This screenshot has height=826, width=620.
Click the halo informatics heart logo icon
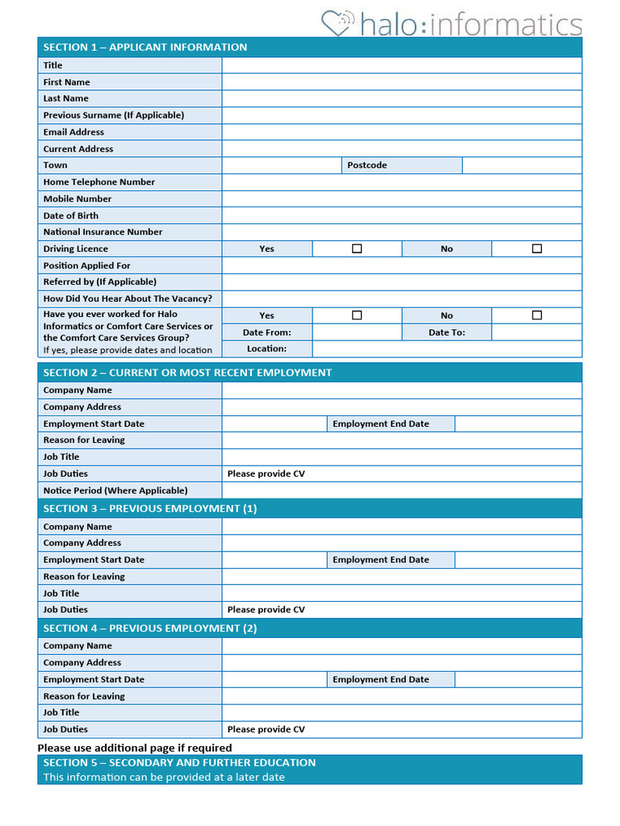pos(337,23)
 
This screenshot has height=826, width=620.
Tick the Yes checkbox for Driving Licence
pos(357,248)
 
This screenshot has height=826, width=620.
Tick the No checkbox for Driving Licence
pos(537,248)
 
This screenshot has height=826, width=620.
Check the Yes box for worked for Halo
pos(357,315)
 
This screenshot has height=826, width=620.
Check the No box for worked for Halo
pos(537,315)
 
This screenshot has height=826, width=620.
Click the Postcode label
pos(367,165)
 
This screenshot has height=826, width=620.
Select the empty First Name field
pos(401,82)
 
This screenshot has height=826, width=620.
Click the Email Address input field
pos(401,132)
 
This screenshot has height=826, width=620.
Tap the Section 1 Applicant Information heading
pos(145,47)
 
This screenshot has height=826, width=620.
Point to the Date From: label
pos(266,332)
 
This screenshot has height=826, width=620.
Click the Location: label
pos(266,348)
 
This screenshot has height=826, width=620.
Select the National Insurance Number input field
pos(401,232)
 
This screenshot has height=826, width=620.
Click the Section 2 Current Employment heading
pos(187,373)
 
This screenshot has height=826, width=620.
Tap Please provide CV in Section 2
pos(266,473)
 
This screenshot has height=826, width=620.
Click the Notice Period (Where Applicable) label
pos(115,490)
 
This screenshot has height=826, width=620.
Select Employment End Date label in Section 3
pos(381,560)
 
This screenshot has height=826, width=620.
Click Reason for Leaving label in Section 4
pos(84,696)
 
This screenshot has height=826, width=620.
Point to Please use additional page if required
pos(135,748)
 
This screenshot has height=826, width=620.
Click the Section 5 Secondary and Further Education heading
pos(179,762)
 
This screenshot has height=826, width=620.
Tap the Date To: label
pos(446,332)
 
